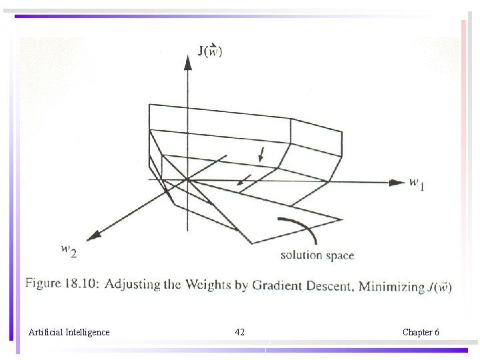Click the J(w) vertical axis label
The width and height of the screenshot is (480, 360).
point(210,51)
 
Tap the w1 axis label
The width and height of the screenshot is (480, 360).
point(417,183)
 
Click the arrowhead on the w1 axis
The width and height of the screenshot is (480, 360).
point(397,181)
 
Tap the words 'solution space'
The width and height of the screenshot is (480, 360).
point(317,255)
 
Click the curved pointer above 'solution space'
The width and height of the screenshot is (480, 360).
point(300,228)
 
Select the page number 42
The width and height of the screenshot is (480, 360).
point(240,332)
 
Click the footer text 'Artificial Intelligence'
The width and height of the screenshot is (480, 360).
point(69,332)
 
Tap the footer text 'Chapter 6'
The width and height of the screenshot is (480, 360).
point(421,332)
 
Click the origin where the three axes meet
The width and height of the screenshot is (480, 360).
point(189,179)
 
